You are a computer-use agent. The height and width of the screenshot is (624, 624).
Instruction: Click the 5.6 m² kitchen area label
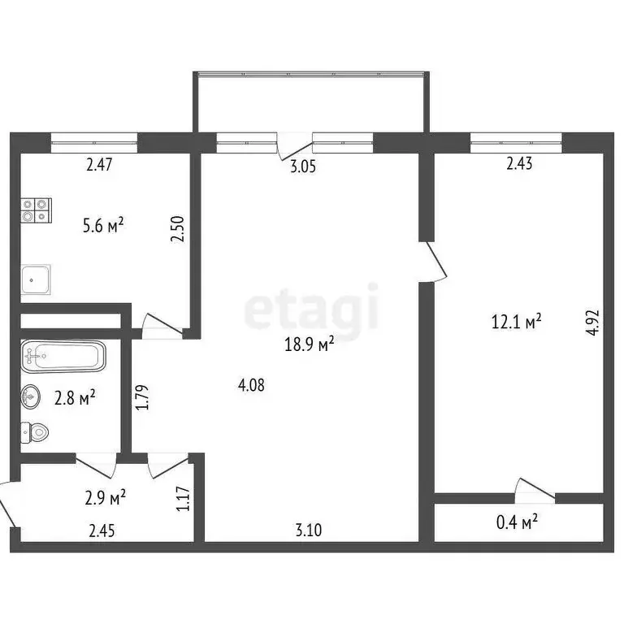tap(103, 225)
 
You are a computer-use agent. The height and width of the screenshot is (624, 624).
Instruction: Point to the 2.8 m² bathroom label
tap(75, 397)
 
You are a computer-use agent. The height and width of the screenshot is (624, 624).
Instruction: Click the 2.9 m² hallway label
tap(105, 496)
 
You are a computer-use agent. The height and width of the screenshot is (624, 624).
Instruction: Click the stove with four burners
tap(37, 210)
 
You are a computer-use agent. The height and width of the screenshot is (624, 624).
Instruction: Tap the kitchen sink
tap(37, 279)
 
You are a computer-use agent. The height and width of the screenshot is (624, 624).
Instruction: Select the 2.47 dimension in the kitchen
tap(98, 165)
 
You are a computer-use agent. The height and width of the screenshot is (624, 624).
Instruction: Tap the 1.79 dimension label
tap(141, 397)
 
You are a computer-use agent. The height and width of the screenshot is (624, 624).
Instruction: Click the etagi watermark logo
tap(312, 306)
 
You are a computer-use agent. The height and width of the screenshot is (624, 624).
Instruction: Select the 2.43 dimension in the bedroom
tap(519, 165)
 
